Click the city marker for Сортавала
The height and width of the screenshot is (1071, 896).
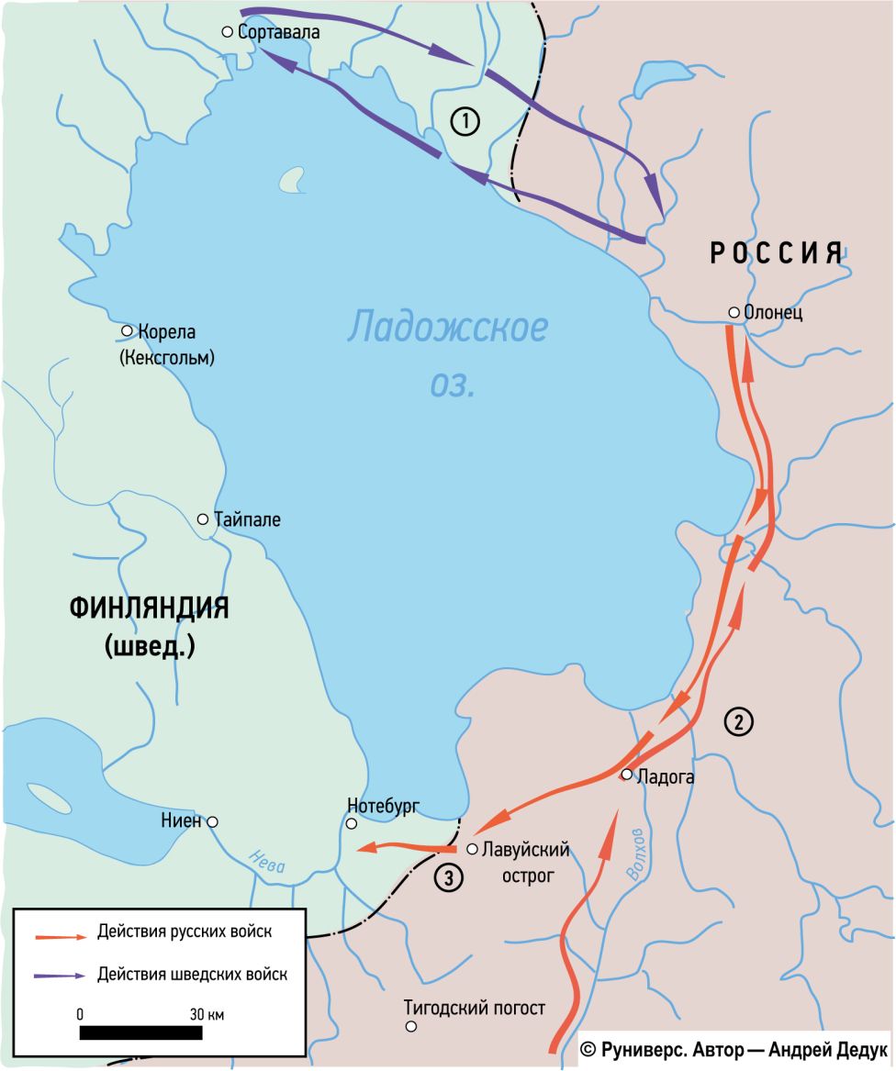[228, 32]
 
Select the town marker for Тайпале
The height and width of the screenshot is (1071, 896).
[203, 519]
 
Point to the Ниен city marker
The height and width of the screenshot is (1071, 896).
[213, 821]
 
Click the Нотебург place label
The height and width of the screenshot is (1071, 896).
[383, 806]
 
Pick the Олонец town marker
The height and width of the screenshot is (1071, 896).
[734, 313]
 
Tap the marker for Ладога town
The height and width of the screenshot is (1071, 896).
[626, 775]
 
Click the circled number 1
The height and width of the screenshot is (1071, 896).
[465, 121]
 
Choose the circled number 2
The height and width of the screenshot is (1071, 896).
[739, 722]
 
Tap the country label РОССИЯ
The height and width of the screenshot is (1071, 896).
[777, 254]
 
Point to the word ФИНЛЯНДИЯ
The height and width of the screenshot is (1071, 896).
[149, 608]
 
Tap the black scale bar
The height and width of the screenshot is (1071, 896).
[141, 1032]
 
